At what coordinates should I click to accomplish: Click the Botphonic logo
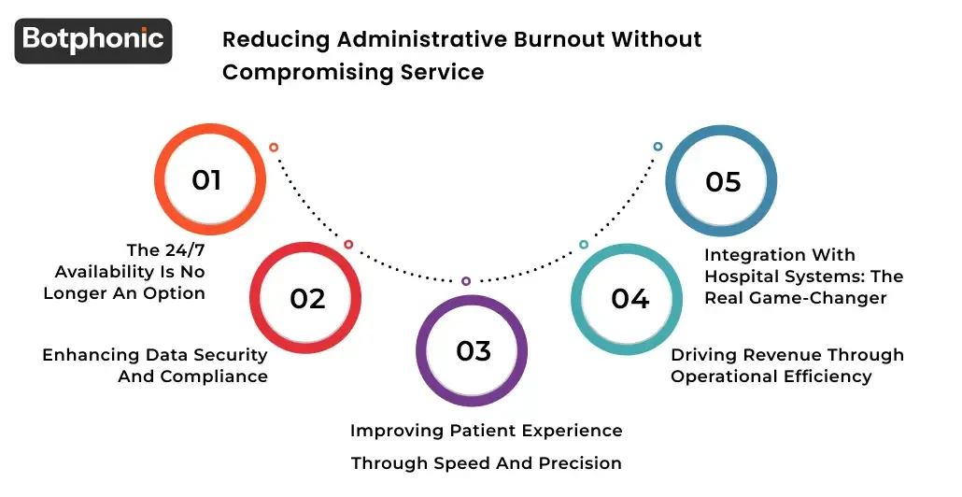(x=93, y=40)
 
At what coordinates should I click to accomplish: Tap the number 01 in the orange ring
(x=206, y=180)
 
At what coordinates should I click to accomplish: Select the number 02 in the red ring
(x=307, y=298)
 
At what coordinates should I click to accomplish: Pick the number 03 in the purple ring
(x=474, y=350)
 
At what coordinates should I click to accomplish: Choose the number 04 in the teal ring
(x=630, y=298)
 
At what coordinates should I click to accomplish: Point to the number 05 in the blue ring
(x=723, y=181)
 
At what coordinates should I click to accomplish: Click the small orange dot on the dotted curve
(x=274, y=148)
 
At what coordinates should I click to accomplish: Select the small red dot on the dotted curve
(x=348, y=245)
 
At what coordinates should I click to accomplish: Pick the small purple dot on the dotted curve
(x=466, y=281)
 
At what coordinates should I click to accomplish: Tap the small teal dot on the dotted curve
(x=584, y=245)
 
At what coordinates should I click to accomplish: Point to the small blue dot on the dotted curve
(x=658, y=147)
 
